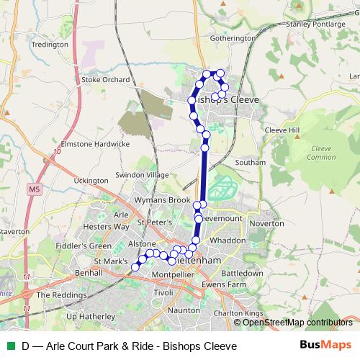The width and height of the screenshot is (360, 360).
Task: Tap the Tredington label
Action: click(50, 45)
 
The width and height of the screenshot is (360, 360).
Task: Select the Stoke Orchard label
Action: click(105, 80)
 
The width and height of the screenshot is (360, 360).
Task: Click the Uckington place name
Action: click(90, 179)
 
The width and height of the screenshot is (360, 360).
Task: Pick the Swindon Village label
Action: click(143, 175)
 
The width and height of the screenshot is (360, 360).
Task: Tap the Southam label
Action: click(251, 163)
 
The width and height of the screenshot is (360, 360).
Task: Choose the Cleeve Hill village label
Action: click(280, 130)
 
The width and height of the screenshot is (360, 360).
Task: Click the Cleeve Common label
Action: click(320, 152)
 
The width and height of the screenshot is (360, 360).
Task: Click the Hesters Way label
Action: click(107, 226)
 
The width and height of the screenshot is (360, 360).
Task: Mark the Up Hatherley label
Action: click(90, 316)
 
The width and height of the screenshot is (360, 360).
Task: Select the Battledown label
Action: click(242, 274)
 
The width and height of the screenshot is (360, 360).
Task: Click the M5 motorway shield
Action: click(35, 189)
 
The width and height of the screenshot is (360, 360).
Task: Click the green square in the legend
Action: click(9, 346)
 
